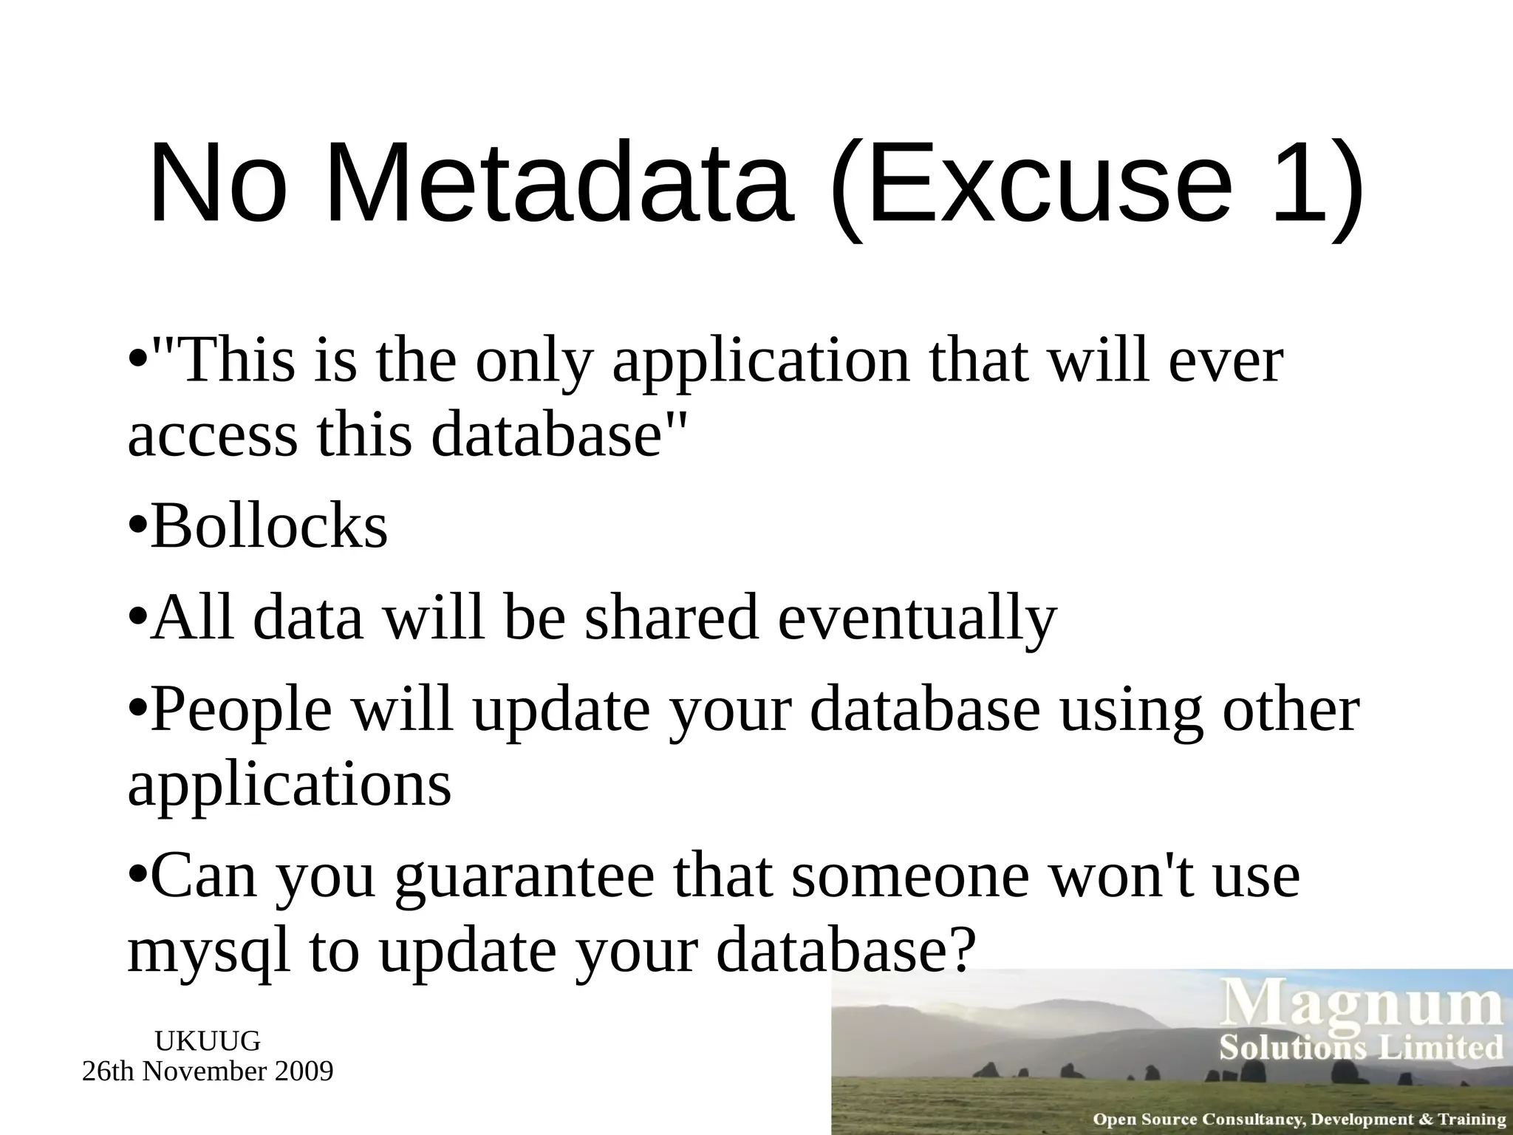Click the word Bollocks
click(269, 526)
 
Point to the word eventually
click(918, 619)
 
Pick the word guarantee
click(525, 877)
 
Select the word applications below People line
click(290, 785)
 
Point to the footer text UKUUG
click(208, 1041)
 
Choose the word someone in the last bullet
click(910, 877)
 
